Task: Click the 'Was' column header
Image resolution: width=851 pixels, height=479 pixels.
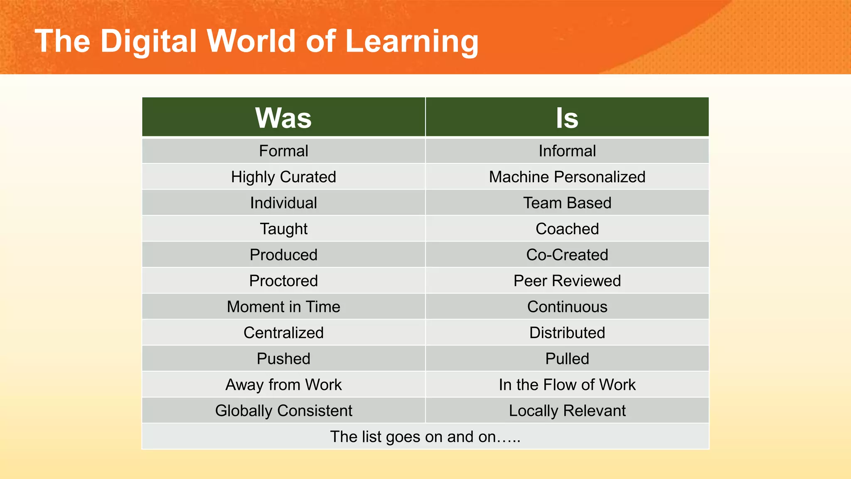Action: pyautogui.click(x=283, y=118)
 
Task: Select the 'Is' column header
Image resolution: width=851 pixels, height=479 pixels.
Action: pyautogui.click(x=567, y=118)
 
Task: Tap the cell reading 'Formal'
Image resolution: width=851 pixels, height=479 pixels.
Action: pyautogui.click(x=283, y=151)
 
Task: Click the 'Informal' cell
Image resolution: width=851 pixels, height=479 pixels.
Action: pyautogui.click(x=567, y=151)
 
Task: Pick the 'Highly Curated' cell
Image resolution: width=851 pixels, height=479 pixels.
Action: pyautogui.click(x=283, y=177)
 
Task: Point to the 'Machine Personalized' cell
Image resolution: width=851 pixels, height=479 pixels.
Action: pyautogui.click(x=567, y=177)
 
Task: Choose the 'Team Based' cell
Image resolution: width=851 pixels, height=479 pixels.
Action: pyautogui.click(x=567, y=203)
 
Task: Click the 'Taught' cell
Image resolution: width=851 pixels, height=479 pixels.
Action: pyautogui.click(x=283, y=229)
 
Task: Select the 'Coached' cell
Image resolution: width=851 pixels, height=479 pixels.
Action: pyautogui.click(x=567, y=229)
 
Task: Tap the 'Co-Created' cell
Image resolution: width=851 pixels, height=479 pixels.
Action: pyautogui.click(x=567, y=255)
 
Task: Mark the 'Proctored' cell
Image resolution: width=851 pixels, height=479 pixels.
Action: pyautogui.click(x=283, y=281)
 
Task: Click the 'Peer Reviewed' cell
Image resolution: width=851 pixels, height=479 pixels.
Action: pyautogui.click(x=567, y=281)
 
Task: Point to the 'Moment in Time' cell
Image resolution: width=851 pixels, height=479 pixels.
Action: pyautogui.click(x=283, y=307)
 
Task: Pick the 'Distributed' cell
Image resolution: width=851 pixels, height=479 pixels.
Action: pyautogui.click(x=567, y=333)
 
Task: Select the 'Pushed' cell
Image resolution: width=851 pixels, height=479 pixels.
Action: pyautogui.click(x=283, y=359)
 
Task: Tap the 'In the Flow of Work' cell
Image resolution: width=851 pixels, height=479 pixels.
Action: pyautogui.click(x=567, y=385)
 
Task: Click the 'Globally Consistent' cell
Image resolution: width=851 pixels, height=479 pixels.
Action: pyautogui.click(x=283, y=411)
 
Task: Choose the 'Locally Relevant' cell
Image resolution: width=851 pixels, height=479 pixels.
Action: pyautogui.click(x=567, y=411)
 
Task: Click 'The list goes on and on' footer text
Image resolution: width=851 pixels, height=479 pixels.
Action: pyautogui.click(x=425, y=437)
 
